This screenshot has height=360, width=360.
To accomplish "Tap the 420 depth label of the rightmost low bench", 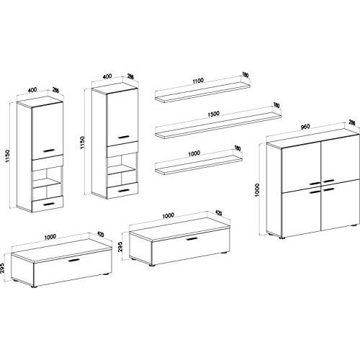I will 216,214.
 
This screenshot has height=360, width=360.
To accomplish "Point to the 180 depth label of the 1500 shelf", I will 276,107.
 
